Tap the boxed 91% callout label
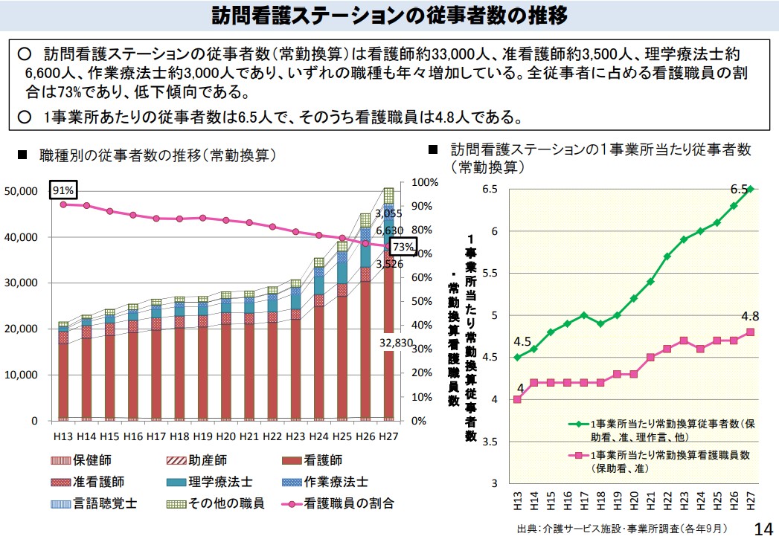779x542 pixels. coord(63,191)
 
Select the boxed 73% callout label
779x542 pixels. coord(403,247)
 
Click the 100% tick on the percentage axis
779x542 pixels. coord(426,182)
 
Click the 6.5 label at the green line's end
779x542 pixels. coord(738,188)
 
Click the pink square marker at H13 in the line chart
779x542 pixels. coord(517,399)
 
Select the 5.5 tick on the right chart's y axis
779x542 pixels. coord(488,274)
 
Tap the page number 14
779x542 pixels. coord(763,529)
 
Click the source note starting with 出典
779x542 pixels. coord(621,529)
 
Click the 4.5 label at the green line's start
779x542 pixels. coord(522,342)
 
